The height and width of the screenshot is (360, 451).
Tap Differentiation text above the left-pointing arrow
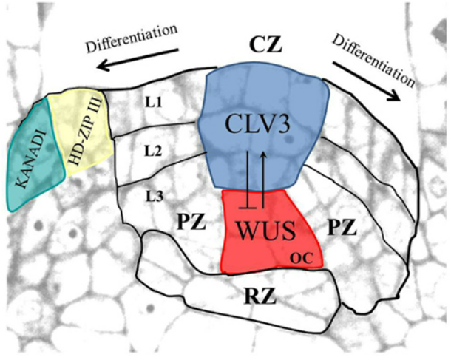(x=132, y=39)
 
